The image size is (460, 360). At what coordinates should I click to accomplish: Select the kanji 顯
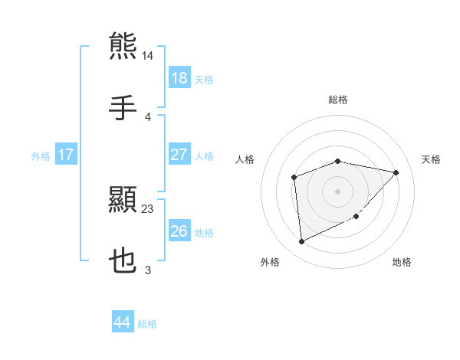123,200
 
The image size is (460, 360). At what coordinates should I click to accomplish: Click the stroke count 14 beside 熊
148,56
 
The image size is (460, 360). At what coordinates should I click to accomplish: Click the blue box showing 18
179,78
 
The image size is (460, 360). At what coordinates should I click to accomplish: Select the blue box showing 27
179,155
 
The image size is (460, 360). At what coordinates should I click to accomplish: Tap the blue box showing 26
179,231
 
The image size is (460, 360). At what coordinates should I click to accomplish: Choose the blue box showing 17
66,155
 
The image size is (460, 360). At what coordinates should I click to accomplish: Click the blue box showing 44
123,322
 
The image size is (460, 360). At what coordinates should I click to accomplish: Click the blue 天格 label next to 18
204,79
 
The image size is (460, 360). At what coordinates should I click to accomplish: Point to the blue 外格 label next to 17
41,155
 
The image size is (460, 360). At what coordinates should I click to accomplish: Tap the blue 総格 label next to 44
147,324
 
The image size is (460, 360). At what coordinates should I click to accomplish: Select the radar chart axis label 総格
338,100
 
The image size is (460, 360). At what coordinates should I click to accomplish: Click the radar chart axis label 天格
432,159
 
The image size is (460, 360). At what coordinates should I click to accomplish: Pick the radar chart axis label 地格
402,262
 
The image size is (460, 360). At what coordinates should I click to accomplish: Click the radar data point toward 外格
301,242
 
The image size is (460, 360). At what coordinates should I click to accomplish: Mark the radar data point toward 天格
396,172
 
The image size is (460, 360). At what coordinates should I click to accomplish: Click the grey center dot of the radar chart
338,190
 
